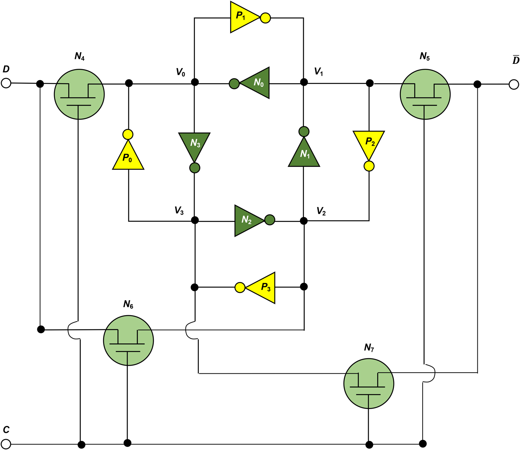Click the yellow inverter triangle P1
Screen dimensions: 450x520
click(243, 17)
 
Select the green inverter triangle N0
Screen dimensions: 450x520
click(257, 83)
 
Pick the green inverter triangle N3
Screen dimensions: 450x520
click(195, 145)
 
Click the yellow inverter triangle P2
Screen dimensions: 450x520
click(369, 143)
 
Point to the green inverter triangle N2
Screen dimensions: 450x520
click(247, 221)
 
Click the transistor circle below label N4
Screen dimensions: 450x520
click(79, 94)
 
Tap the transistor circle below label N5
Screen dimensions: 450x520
click(425, 94)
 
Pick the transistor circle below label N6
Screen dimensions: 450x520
click(128, 340)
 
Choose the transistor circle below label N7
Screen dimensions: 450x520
click(368, 384)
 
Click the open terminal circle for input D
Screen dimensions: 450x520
click(6, 83)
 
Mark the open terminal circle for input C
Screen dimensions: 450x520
click(6, 444)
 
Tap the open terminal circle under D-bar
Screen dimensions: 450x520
click(514, 84)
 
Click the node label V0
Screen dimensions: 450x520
click(181, 72)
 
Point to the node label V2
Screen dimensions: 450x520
click(321, 211)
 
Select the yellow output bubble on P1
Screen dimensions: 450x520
click(265, 18)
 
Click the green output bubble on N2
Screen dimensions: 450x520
click(270, 220)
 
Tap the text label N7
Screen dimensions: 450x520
click(369, 348)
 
